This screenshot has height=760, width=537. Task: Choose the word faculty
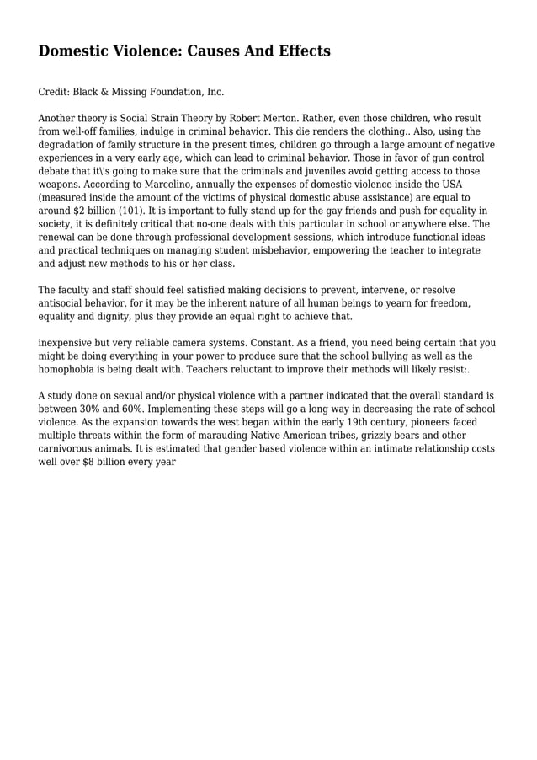(x=77, y=290)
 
